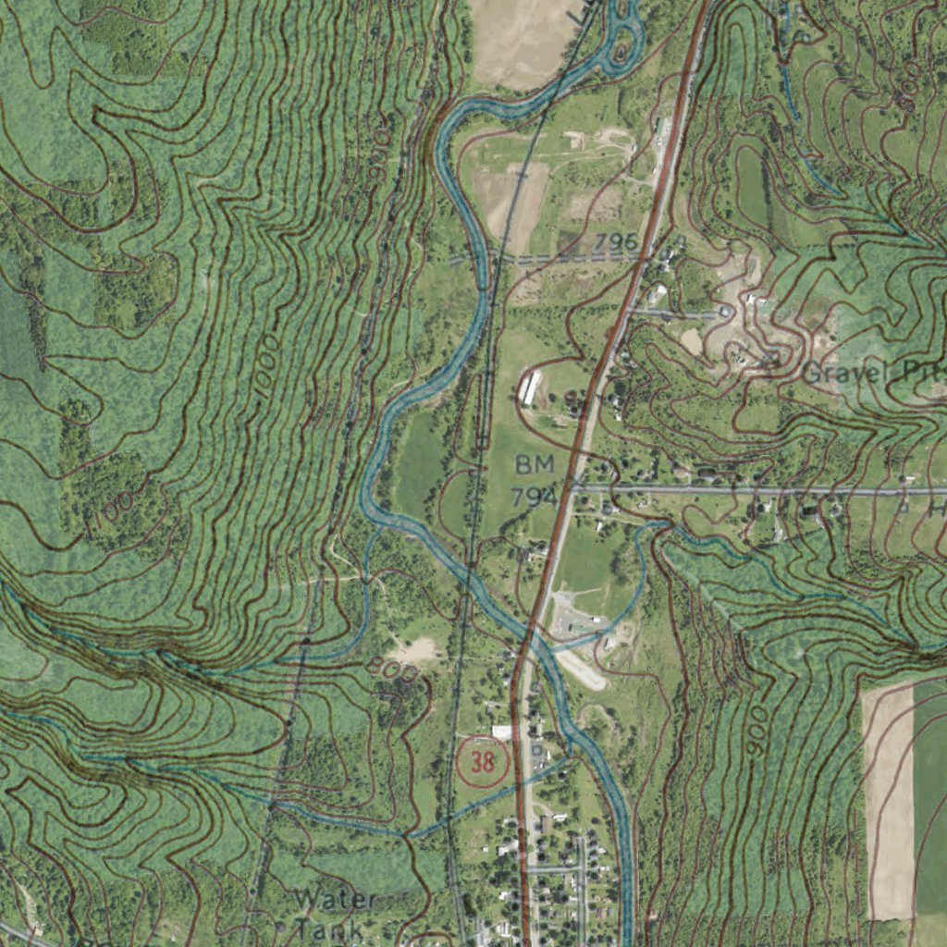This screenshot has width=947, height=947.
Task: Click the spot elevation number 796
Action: tap(616, 242)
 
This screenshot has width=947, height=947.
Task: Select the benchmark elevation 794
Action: tap(534, 497)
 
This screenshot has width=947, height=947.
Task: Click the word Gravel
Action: tap(841, 374)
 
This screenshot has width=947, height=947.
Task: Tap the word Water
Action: tap(335, 900)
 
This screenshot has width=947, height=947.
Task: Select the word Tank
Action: tap(330, 928)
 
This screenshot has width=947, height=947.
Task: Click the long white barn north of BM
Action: tap(530, 387)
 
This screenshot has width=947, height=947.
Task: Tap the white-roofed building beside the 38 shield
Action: tap(502, 732)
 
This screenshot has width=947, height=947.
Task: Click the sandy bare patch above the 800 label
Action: tap(418, 651)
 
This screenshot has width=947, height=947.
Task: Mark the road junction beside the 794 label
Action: tap(573, 487)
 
